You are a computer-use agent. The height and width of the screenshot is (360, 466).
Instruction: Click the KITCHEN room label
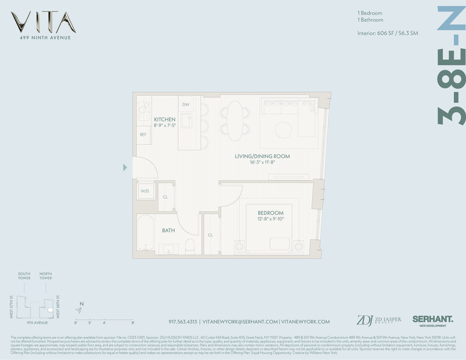(x=165, y=120)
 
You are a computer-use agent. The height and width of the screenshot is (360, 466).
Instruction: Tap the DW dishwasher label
(x=186, y=105)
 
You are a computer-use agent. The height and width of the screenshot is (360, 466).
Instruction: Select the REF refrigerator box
(x=143, y=135)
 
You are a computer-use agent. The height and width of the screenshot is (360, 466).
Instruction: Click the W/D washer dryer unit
(x=145, y=191)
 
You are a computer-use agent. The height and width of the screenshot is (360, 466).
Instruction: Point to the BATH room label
(x=168, y=230)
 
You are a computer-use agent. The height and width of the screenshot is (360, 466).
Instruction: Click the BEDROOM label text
(x=270, y=213)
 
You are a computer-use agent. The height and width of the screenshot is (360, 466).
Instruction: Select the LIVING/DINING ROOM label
(x=262, y=156)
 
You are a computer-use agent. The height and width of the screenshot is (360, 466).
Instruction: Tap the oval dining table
(x=234, y=121)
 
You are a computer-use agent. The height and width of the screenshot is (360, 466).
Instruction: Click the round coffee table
(x=283, y=130)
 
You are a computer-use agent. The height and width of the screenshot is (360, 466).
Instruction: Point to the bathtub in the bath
(x=145, y=233)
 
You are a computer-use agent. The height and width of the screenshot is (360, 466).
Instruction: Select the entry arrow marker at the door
(x=125, y=167)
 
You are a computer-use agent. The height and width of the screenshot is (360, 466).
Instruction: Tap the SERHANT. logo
(x=433, y=320)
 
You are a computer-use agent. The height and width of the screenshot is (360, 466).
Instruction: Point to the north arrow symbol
(x=79, y=309)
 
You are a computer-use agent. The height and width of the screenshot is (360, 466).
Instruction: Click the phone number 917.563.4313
(x=183, y=322)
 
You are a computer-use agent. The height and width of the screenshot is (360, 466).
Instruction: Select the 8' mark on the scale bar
(x=133, y=323)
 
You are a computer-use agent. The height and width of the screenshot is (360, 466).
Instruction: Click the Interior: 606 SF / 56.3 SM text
(x=387, y=33)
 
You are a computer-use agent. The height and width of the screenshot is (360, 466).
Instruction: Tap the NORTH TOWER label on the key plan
(x=46, y=276)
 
